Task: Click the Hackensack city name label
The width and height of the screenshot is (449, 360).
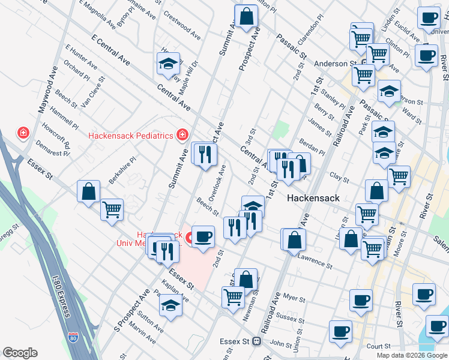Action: (x=313, y=197)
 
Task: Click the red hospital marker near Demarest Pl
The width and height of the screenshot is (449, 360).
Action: (x=23, y=132)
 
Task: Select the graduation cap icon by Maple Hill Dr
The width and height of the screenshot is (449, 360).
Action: (x=169, y=63)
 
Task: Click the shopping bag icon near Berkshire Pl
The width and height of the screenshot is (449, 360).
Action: (x=88, y=191)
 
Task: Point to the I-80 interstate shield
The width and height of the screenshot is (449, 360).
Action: (x=73, y=338)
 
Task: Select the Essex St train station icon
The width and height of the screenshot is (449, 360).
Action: (x=256, y=341)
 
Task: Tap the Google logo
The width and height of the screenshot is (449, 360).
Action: (x=20, y=353)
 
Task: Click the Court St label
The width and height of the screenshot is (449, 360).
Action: (x=378, y=346)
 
